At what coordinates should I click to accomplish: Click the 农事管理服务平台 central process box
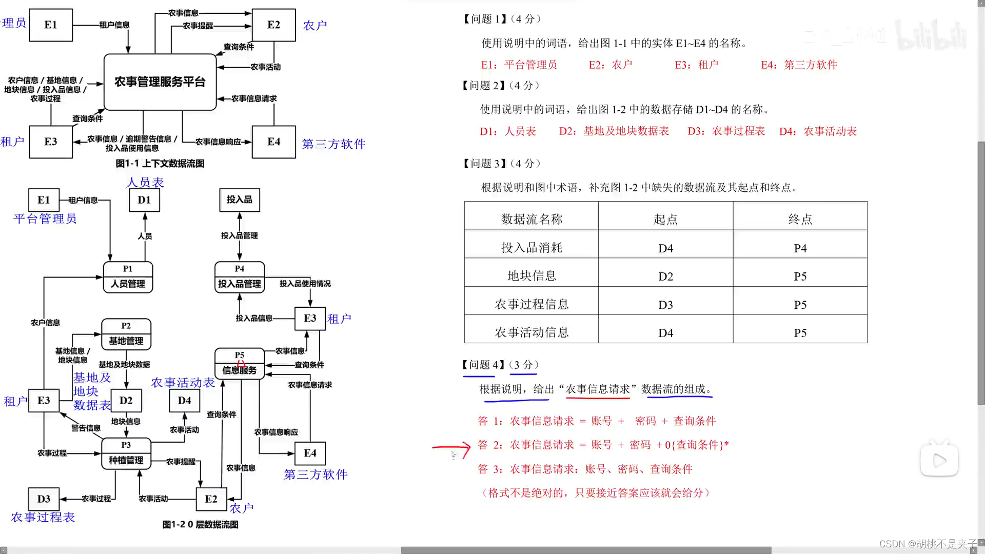click(x=160, y=82)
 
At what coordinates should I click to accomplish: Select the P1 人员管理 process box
click(x=128, y=278)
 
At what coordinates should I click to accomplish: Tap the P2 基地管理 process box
click(x=126, y=334)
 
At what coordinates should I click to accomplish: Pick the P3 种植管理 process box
click(x=126, y=453)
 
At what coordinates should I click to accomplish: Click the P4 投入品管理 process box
click(x=240, y=278)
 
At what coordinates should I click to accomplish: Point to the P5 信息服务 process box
click(x=240, y=364)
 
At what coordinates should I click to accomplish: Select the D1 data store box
click(x=144, y=200)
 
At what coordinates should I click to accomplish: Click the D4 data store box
click(x=185, y=401)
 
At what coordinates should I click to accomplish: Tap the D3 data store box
click(x=44, y=499)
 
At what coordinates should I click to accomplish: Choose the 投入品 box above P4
click(x=240, y=200)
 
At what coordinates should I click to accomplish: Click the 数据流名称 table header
click(x=531, y=219)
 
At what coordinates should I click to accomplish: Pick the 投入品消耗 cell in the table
click(x=531, y=248)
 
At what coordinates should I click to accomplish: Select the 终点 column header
click(x=800, y=219)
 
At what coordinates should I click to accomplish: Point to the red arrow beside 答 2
click(x=452, y=448)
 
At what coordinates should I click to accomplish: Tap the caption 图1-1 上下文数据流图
click(x=160, y=164)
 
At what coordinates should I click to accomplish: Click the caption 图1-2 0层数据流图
click(x=200, y=524)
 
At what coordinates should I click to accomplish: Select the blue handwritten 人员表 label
click(x=145, y=183)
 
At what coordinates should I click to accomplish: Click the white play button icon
click(x=939, y=460)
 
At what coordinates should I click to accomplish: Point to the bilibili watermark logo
click(x=931, y=35)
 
